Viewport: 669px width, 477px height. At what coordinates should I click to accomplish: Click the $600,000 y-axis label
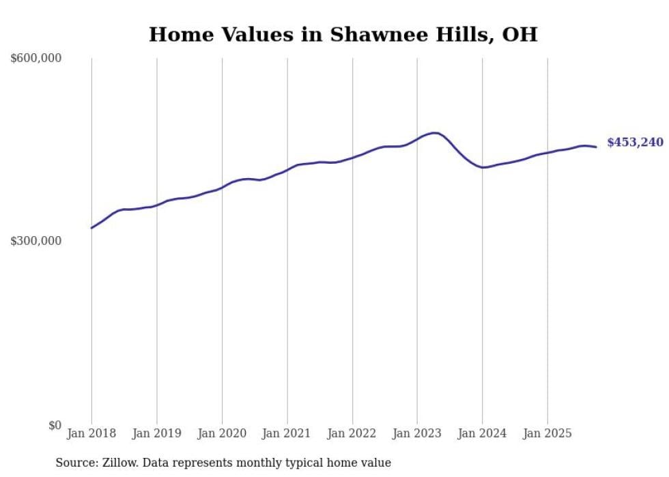tap(36, 59)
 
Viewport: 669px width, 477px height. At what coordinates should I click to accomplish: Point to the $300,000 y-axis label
tap(36, 241)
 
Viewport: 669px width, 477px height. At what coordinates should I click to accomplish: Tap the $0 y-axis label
tap(55, 425)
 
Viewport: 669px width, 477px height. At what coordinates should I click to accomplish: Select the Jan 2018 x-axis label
tap(91, 433)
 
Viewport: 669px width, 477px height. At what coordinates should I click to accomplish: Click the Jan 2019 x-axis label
tap(156, 433)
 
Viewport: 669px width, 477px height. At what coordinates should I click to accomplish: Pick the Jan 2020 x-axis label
tap(222, 433)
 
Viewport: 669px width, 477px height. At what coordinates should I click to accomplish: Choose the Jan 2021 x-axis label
tap(287, 433)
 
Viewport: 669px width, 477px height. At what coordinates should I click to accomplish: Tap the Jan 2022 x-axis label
tap(352, 433)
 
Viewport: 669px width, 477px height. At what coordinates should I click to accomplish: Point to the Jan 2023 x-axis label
tap(417, 433)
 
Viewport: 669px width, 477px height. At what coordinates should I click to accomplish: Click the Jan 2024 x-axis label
tap(482, 433)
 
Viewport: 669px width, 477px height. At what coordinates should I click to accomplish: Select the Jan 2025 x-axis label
tap(547, 433)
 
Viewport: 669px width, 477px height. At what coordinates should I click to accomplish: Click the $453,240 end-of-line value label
tap(635, 143)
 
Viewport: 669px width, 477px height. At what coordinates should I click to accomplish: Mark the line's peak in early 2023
tap(433, 133)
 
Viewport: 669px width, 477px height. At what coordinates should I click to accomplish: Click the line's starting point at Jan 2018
tap(91, 228)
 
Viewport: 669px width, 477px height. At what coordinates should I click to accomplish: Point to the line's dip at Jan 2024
tap(483, 167)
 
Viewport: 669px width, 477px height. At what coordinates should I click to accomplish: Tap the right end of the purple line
tap(596, 147)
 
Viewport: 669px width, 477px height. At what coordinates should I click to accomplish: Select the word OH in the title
tap(519, 35)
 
